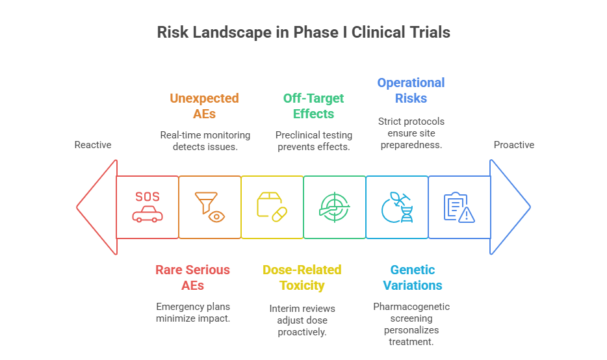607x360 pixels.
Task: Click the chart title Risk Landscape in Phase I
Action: click(x=303, y=32)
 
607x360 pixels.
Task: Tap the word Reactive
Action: click(x=93, y=145)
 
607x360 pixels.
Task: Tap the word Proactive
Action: click(x=513, y=145)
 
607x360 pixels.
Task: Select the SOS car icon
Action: click(x=148, y=207)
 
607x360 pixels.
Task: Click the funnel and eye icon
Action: click(x=210, y=207)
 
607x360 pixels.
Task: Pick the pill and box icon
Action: click(x=272, y=207)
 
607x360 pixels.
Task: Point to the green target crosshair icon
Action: click(x=335, y=207)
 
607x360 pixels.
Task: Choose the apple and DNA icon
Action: click(x=397, y=207)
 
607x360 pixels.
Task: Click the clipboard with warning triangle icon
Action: click(x=459, y=207)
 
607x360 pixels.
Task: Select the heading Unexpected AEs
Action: click(x=204, y=106)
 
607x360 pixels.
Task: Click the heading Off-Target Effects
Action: click(x=313, y=106)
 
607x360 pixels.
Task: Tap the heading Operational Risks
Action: click(x=411, y=90)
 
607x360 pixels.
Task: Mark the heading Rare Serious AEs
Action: click(x=192, y=277)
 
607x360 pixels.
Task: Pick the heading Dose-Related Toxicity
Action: click(x=302, y=277)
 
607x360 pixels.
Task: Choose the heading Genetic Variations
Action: click(x=413, y=277)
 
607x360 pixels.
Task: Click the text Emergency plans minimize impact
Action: click(x=193, y=313)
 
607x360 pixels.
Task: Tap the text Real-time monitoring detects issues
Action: click(x=205, y=141)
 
